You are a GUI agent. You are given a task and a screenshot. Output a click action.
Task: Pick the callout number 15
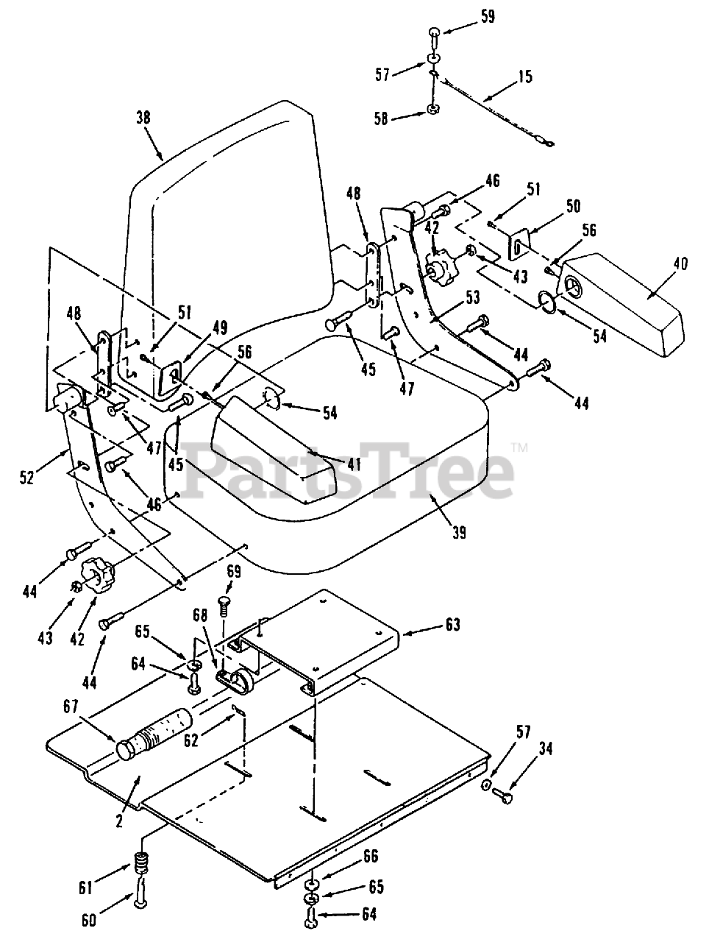point(524,77)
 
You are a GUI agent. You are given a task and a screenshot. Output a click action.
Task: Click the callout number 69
point(233,570)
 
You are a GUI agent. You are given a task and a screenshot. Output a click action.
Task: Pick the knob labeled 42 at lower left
point(95,573)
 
